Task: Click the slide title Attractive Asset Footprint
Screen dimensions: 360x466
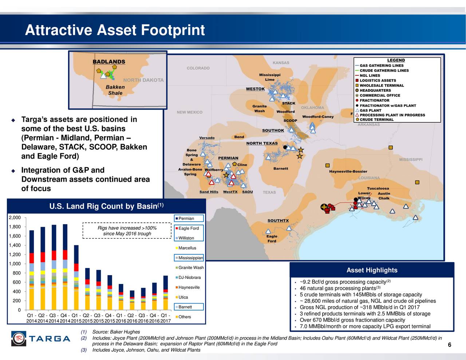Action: tap(115, 30)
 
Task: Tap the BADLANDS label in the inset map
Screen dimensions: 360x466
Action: tap(109, 62)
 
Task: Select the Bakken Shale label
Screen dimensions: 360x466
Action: tap(115, 90)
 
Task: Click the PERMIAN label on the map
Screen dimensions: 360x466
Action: tap(228, 158)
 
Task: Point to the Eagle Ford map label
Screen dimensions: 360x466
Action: tap(272, 238)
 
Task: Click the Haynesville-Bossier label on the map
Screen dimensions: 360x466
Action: tap(348, 171)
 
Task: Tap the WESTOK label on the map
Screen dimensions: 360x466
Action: tap(255, 89)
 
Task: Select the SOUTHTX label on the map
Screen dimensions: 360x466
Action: tap(278, 221)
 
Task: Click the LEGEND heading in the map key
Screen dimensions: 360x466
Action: tap(396, 60)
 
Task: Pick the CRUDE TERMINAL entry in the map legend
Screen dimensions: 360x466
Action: tap(376, 119)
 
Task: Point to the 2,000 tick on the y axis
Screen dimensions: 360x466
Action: tap(15, 218)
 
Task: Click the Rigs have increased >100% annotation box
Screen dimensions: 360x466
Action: tap(127, 231)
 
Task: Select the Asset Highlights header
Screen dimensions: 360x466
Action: tap(372, 270)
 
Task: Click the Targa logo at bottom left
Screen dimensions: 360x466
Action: tap(40, 339)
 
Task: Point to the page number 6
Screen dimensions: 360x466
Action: tap(449, 345)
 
